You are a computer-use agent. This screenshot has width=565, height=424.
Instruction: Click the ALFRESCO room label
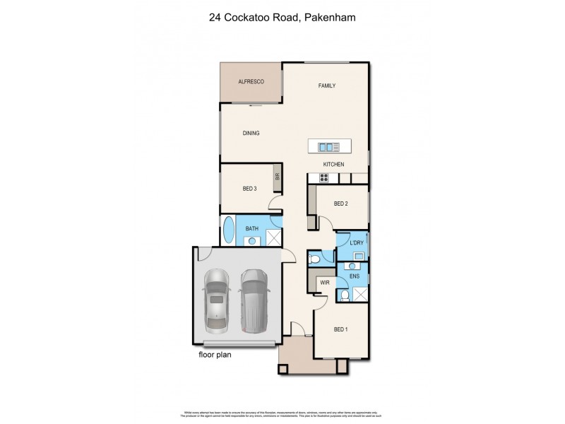coord(251,83)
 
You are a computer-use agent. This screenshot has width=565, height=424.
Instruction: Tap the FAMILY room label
coord(326,86)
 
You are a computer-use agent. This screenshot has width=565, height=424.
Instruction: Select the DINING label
coord(251,132)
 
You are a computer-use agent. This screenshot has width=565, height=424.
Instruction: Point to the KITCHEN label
coord(333,165)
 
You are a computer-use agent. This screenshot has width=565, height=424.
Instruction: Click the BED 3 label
coord(249,189)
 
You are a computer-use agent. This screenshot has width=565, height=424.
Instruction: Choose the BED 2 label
coord(341,204)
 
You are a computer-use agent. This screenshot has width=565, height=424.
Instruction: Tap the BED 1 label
coord(342,328)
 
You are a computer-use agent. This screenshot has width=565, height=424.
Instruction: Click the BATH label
coord(252,228)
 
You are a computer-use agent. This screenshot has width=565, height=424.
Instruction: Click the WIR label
coord(326,282)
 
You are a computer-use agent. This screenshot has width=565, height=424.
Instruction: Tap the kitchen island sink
coord(330,147)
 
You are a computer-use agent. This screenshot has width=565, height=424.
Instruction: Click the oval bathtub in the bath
coord(229,230)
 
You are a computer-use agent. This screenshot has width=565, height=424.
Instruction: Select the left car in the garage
coord(217,301)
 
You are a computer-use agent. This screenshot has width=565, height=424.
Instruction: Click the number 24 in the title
coord(215,19)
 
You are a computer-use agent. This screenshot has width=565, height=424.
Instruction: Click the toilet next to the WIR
coord(316,261)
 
